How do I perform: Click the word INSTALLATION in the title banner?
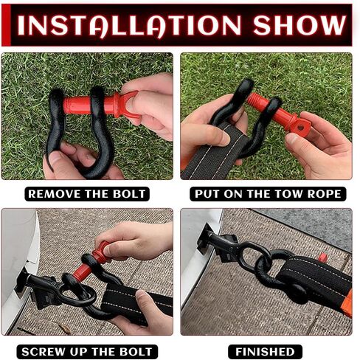129,25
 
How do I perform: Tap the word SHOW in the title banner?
300,25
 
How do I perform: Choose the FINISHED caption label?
265,352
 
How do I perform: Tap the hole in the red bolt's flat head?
300,128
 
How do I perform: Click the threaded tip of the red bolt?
253,99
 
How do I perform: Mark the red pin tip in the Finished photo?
322,258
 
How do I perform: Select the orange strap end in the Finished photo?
347,304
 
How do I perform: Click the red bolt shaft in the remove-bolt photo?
78,105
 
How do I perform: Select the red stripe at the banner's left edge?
6,25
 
